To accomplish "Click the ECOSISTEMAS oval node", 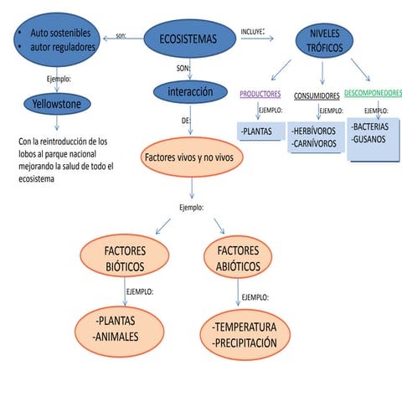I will [186, 39].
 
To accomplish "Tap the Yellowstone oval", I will [55, 104].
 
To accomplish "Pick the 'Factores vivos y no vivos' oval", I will [193, 157].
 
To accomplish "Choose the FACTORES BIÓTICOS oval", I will [125, 259].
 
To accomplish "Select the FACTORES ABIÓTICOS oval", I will [238, 259].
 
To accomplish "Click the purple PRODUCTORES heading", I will [260, 95].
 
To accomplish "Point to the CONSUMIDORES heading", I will [317, 95].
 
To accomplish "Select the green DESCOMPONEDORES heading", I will [373, 93].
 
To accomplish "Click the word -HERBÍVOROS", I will [314, 131].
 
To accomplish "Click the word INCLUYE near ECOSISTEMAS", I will [252, 31].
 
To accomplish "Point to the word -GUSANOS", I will [368, 139].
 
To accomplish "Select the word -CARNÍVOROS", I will [314, 144].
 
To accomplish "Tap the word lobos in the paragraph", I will [28, 155].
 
